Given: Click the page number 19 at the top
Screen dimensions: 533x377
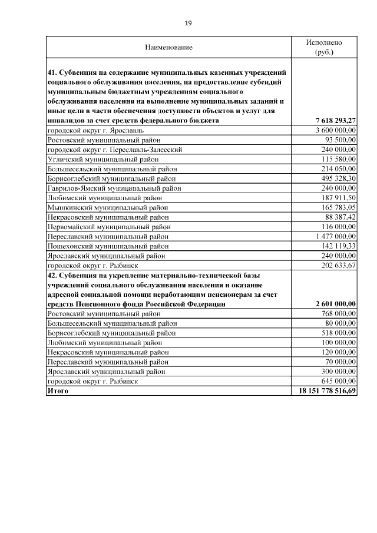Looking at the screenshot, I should pos(188,23).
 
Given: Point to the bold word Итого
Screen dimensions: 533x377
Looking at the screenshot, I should pos(58,391).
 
